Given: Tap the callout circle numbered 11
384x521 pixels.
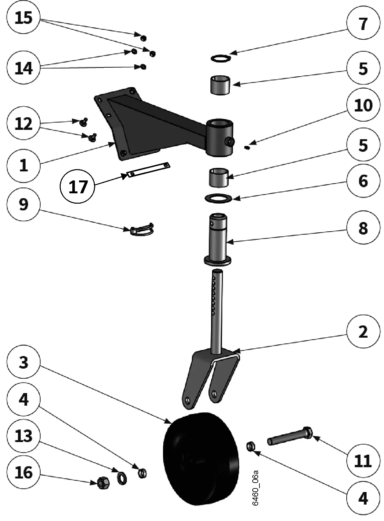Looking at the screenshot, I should point(363,461).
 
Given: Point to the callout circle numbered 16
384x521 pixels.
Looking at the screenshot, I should point(24,473).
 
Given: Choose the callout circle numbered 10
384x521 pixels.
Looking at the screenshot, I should point(363,105).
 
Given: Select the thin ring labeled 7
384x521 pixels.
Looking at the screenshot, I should point(221,58).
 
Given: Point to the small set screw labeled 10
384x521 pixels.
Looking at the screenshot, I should point(248,148).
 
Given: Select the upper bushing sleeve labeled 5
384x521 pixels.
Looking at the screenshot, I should point(220,85).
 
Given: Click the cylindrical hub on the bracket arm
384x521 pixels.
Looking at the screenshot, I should point(219,137).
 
